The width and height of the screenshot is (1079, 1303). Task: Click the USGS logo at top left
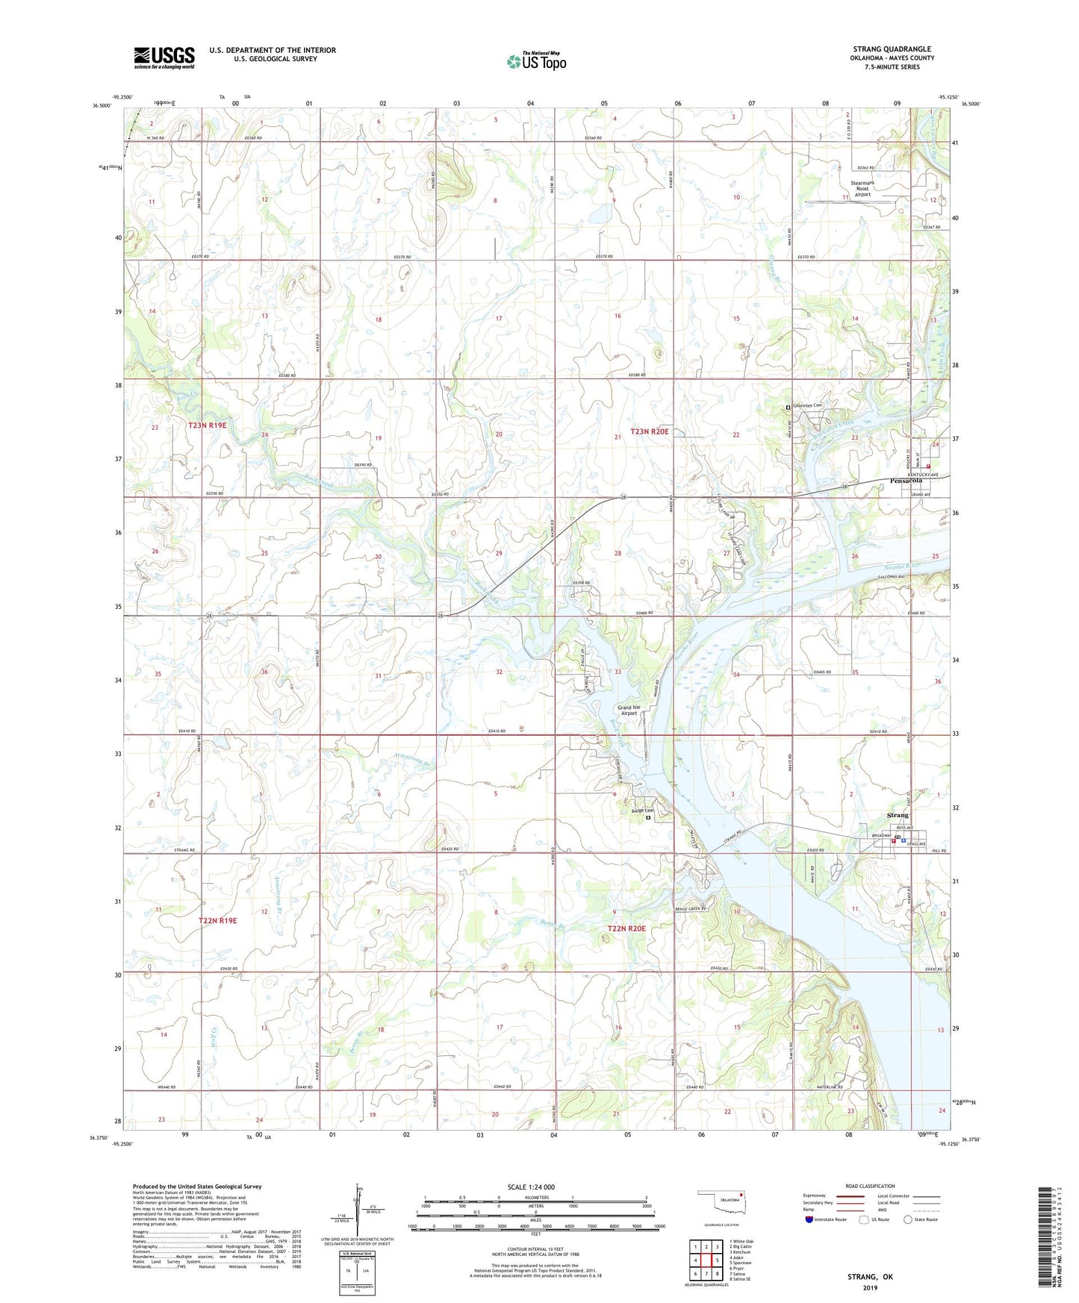click(164, 57)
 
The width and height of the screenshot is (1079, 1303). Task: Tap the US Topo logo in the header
click(535, 61)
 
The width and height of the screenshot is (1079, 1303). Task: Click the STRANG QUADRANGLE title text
click(892, 49)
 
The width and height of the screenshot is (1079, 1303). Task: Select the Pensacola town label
click(906, 481)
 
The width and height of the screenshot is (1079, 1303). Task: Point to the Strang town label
click(897, 816)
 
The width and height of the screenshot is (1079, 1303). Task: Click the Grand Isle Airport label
click(628, 710)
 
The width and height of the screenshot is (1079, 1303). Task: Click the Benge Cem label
click(641, 811)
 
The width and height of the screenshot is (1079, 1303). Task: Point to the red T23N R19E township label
click(207, 425)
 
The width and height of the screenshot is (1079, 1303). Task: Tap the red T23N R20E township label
click(649, 431)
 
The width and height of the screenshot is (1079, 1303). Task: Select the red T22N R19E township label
click(217, 921)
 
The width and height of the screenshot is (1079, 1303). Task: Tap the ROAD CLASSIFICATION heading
click(869, 1186)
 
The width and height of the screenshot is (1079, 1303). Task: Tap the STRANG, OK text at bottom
click(869, 1277)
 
